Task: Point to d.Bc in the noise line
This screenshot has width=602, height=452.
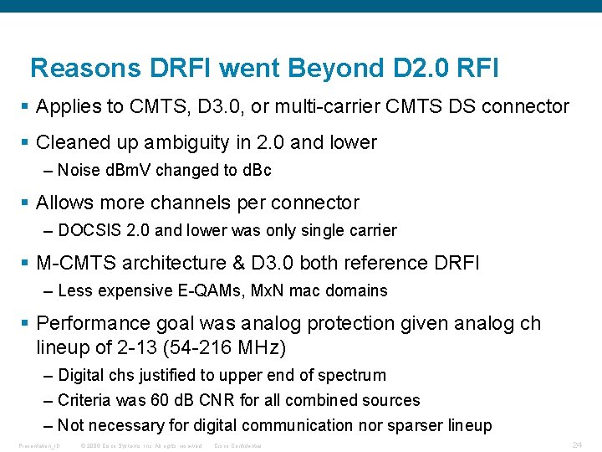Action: tap(253, 170)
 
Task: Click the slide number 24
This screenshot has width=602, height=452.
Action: tap(576, 444)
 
